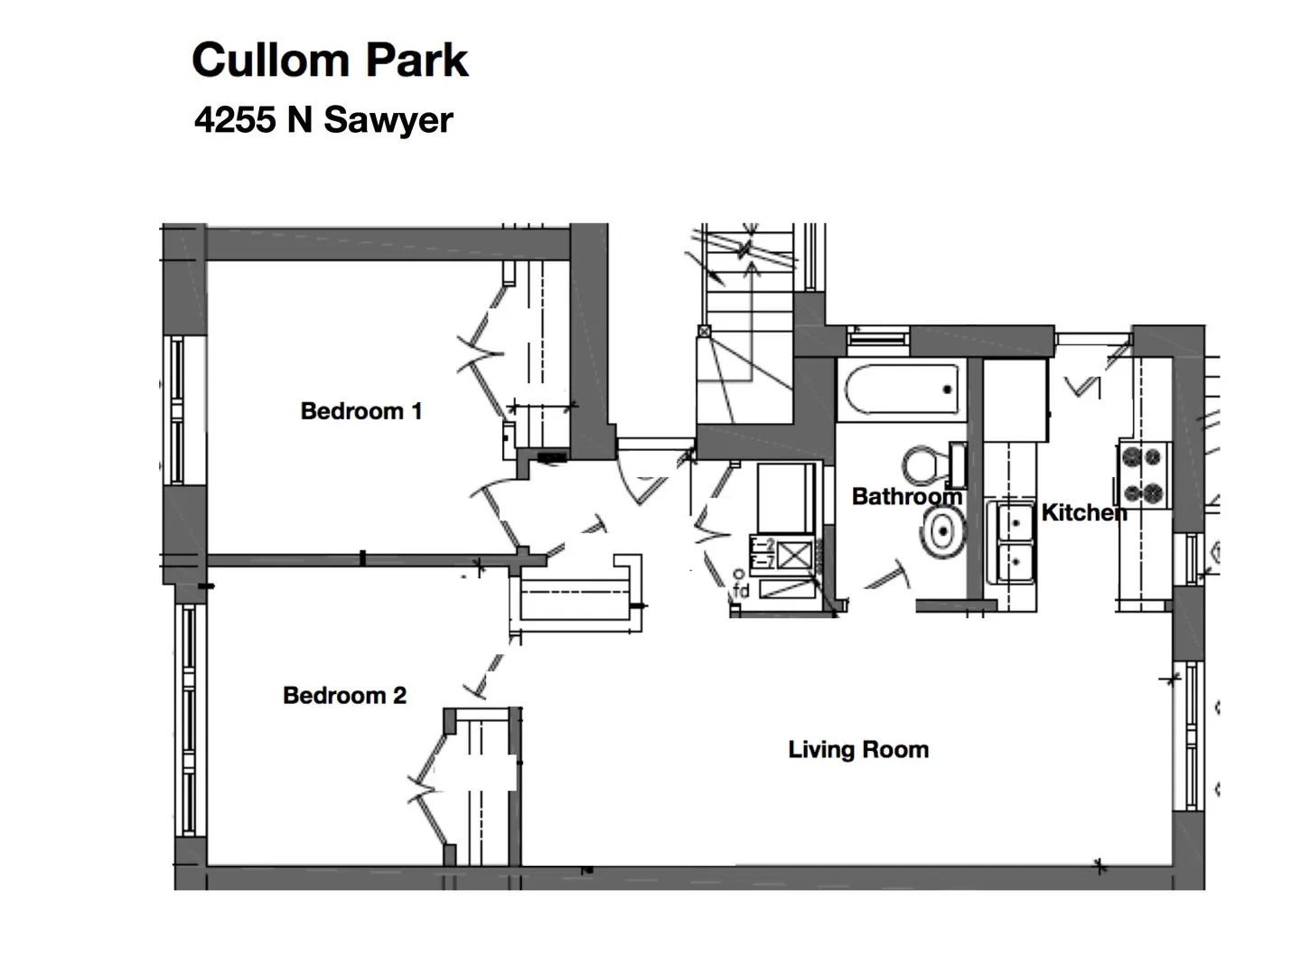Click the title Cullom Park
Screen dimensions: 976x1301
tap(330, 61)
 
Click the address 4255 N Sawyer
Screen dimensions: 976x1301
tap(323, 120)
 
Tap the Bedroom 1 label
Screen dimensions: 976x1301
tap(360, 411)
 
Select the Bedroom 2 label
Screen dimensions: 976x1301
tap(344, 695)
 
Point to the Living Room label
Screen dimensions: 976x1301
tap(857, 749)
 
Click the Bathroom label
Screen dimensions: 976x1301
tap(906, 496)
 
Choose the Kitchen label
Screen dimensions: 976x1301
tap(1083, 512)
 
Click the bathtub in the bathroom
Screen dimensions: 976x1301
tap(902, 389)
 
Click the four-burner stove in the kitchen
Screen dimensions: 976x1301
tap(1142, 474)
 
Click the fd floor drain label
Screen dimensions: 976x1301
tap(741, 592)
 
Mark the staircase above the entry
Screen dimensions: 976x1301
tap(745, 307)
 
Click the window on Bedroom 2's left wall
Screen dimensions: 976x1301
tap(188, 718)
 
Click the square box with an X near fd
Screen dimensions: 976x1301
tap(793, 553)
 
